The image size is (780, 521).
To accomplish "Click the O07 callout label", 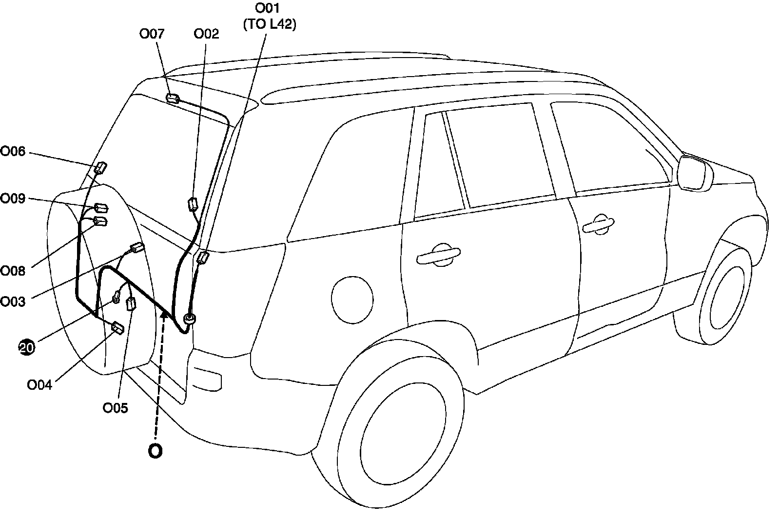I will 152,34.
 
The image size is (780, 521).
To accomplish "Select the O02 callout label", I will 206,34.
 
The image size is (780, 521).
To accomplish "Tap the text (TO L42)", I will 269,25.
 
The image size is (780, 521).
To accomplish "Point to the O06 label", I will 13,151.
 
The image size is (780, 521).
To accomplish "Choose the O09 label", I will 13,199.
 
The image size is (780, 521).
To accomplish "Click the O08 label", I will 13,271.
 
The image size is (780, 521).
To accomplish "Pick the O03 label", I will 13,301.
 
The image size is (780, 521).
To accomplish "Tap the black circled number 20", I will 27,347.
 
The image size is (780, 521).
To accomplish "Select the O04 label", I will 39,385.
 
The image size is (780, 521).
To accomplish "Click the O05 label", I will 116,408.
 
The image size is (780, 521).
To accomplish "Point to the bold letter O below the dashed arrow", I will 155,451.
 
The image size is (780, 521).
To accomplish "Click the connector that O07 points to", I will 173,99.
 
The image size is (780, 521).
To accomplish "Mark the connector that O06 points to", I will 100,168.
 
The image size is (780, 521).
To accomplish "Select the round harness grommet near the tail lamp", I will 190,320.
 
